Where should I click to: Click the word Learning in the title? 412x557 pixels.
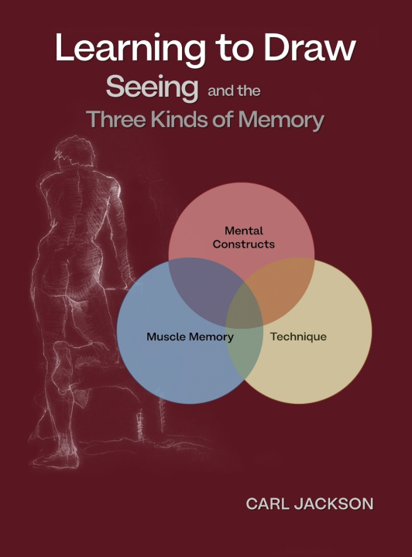[130, 49]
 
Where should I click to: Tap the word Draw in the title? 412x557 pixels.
[310, 47]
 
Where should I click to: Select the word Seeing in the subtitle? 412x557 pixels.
[152, 87]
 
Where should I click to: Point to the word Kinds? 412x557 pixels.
[180, 119]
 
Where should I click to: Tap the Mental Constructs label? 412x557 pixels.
[244, 237]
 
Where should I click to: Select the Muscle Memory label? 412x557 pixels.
[191, 337]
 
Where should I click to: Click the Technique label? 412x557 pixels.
[298, 337]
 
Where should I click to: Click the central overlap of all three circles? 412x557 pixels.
[245, 307]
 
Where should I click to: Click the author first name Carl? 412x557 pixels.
[267, 504]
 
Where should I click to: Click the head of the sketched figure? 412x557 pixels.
[74, 152]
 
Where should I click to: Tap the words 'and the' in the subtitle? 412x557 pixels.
[234, 91]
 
